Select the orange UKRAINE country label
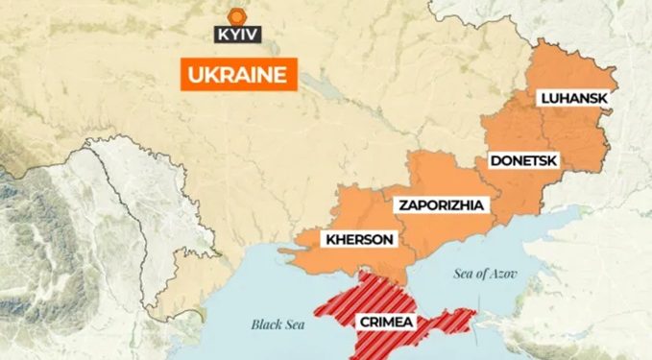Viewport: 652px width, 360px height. click(x=238, y=75)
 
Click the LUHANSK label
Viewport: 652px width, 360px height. click(x=574, y=98)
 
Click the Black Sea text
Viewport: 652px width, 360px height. click(x=278, y=324)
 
